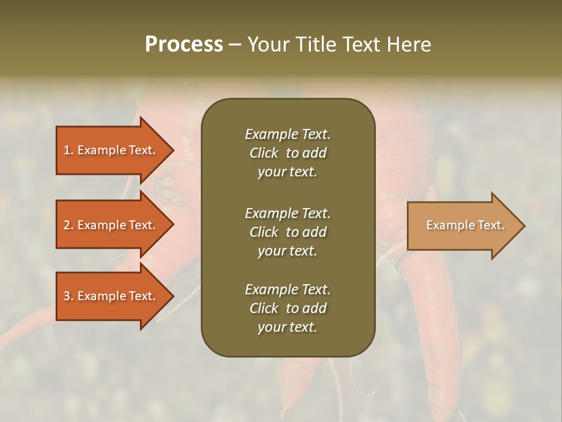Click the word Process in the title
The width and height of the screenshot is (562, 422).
click(184, 45)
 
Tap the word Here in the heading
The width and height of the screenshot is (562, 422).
click(409, 45)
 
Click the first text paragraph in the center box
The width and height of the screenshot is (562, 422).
click(287, 153)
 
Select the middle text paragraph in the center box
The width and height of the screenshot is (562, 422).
click(287, 232)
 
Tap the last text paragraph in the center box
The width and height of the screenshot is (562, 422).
click(287, 308)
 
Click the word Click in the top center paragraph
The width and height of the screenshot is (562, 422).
click(263, 153)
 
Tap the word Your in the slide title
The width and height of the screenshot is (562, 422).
click(268, 45)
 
